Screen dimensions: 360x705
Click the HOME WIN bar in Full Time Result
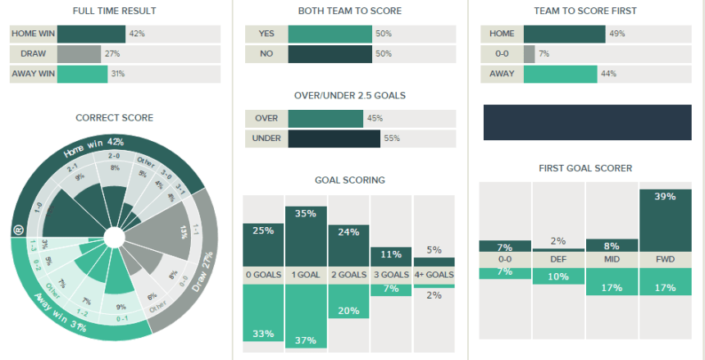91,34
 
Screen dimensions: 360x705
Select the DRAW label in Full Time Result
34,54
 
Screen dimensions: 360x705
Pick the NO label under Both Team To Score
266,54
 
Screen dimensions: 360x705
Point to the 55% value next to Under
391,139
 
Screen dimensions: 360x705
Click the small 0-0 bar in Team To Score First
529,54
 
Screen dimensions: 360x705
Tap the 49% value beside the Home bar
615,34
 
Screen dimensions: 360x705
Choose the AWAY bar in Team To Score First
560,75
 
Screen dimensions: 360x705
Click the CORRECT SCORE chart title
114,118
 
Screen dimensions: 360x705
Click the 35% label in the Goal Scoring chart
306,215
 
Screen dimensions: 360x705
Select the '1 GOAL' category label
306,276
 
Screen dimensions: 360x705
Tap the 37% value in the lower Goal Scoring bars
306,340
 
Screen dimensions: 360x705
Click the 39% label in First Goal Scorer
665,197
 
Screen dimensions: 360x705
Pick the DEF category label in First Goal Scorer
558,259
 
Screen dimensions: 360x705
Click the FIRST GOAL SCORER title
585,168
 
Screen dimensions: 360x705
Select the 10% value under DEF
558,276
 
